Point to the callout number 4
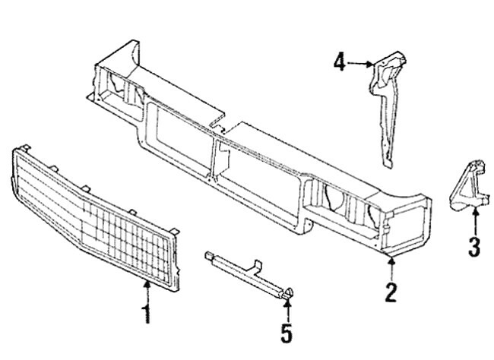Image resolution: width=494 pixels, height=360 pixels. coord(340,62)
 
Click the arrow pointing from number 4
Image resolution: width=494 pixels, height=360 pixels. coord(362,64)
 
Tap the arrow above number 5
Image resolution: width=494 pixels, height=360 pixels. coord(287,308)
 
